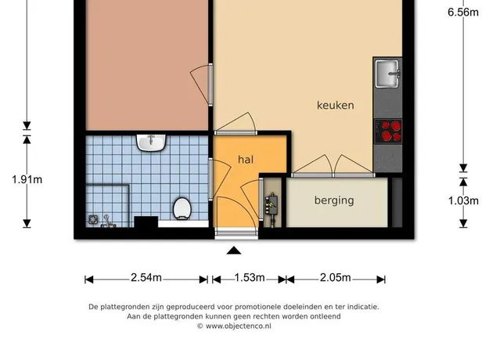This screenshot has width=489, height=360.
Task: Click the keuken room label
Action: tap(335, 105)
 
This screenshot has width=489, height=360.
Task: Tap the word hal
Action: tap(246, 160)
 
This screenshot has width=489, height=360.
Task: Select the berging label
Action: tap(334, 200)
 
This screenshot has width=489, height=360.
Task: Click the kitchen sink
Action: tap(387, 74)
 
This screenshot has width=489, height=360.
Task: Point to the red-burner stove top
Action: tap(388, 131)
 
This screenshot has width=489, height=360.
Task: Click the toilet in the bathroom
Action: tap(182, 208)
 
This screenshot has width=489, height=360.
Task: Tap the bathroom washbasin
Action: tap(151, 143)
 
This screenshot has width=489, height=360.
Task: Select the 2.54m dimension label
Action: tap(146, 277)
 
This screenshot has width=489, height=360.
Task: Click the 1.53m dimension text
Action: tap(250, 277)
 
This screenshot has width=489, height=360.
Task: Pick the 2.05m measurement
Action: tap(335, 277)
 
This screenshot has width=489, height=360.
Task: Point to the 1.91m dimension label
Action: tap(27, 180)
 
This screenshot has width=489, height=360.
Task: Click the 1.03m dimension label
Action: tap(463, 200)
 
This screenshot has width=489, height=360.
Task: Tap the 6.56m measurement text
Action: tap(463, 12)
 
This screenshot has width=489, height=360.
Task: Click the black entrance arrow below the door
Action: tap(234, 250)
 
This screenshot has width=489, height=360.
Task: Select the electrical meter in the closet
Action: tap(272, 204)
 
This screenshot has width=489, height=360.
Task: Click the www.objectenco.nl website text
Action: tap(239, 326)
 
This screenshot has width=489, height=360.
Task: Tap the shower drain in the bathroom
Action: tap(93, 220)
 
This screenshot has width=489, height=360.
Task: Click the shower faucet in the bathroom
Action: tap(108, 221)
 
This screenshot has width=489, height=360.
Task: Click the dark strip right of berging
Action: tap(397, 203)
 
